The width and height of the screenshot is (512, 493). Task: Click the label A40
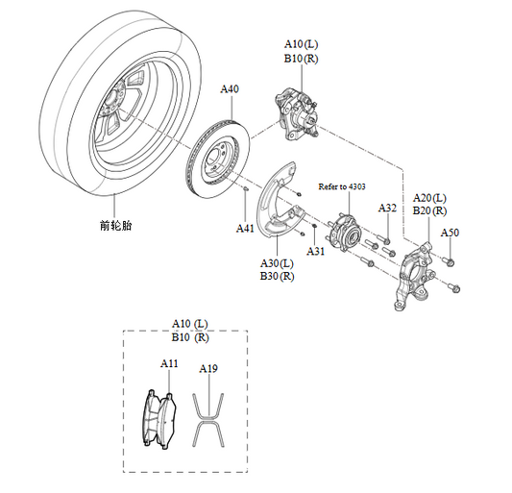230,89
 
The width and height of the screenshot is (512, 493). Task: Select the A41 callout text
246,229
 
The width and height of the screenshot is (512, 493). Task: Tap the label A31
315,251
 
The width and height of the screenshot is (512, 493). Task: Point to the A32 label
387,208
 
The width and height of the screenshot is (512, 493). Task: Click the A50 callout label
450,234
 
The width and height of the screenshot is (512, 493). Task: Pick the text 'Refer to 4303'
342,186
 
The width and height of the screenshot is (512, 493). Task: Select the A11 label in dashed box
169,364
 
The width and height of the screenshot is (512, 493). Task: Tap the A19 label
208,368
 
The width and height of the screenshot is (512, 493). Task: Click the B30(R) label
277,276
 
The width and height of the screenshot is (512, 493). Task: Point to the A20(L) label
429,197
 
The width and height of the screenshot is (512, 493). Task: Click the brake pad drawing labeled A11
158,419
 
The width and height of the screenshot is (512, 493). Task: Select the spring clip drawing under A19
208,419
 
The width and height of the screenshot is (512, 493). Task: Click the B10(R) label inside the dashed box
190,337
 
